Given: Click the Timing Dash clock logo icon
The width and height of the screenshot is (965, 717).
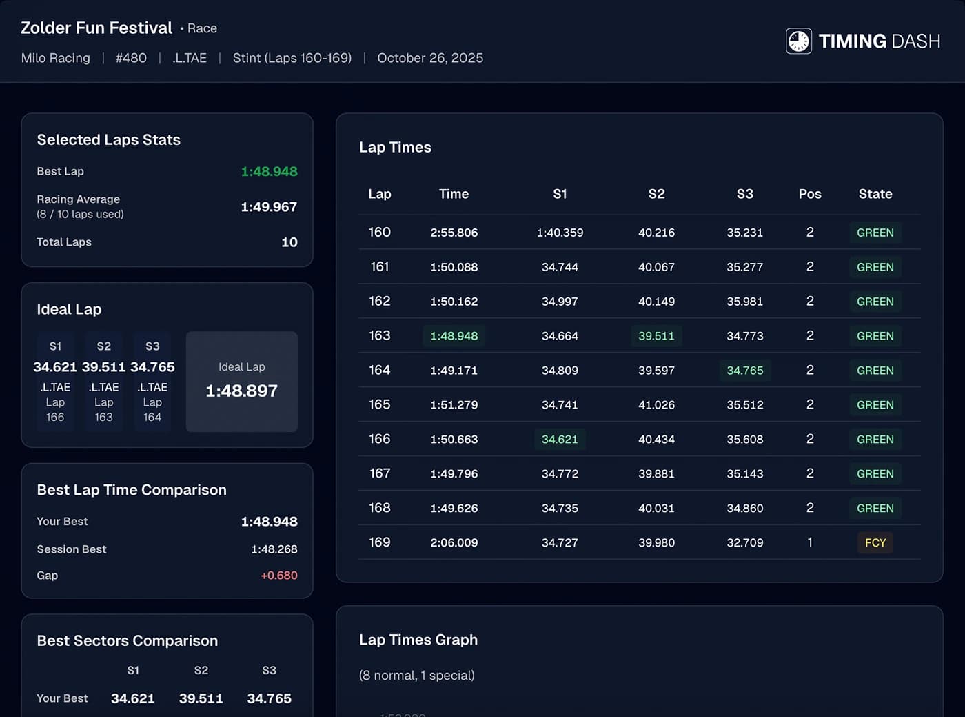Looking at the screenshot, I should click(798, 41).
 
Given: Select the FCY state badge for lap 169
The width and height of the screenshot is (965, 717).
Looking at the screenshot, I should click(875, 542).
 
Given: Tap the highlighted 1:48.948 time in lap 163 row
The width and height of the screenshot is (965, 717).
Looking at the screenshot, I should click(454, 336).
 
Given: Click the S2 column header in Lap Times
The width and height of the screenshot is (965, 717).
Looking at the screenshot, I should click(656, 194).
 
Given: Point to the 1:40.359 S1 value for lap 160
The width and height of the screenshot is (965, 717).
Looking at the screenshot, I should click(560, 233).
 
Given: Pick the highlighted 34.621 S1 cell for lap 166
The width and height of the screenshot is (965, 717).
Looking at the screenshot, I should click(560, 440).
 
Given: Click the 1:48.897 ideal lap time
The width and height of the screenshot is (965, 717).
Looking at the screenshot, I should click(241, 391).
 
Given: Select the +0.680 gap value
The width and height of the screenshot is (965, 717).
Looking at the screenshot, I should click(279, 576).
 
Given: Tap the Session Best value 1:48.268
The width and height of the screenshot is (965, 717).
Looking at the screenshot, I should click(274, 549).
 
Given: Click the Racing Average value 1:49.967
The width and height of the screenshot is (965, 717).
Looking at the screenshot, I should click(269, 207).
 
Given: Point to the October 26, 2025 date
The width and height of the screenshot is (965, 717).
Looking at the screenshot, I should click(430, 58).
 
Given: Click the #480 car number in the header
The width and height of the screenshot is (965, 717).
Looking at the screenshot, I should click(131, 58).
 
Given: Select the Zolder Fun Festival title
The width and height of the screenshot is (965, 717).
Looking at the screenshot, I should click(96, 28).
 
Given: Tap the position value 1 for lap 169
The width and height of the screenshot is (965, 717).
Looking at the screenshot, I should click(810, 542).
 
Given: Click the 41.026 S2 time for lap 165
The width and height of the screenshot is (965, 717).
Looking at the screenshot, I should click(656, 405).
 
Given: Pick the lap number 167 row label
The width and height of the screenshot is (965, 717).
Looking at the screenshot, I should click(380, 473).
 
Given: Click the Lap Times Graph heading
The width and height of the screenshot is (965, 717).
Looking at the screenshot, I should click(418, 640).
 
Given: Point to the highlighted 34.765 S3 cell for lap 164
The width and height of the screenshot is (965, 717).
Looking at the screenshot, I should click(744, 371).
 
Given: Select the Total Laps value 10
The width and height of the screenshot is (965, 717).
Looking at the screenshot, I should click(289, 242).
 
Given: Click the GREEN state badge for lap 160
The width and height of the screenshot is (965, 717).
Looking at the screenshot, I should click(875, 233).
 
